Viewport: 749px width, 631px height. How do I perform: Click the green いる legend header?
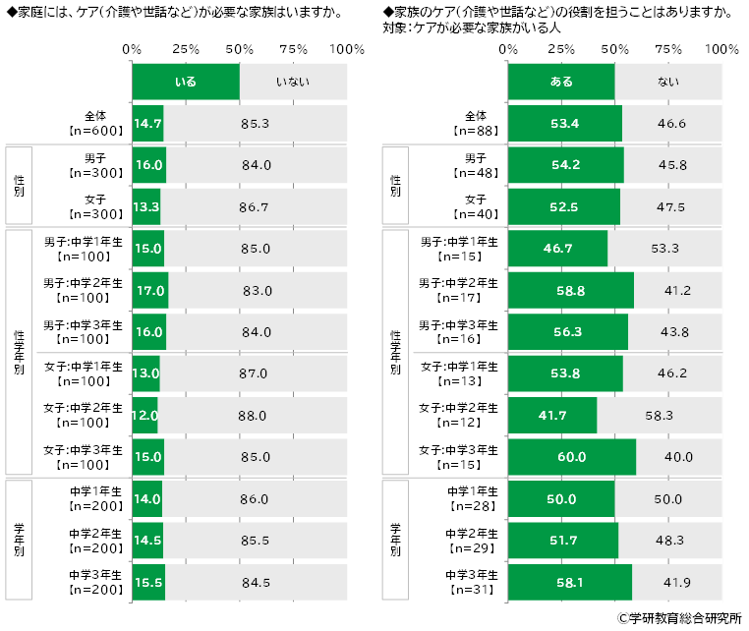click(185, 82)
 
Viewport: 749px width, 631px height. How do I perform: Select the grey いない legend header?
click(293, 82)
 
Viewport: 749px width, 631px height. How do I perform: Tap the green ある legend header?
click(560, 82)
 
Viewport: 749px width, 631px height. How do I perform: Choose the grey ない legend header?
click(668, 82)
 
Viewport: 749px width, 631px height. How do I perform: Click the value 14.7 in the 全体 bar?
click(147, 124)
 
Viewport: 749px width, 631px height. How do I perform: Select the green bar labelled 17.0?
click(149, 291)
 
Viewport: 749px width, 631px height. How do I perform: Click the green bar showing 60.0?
click(571, 457)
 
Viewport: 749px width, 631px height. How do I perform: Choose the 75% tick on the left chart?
click(292, 49)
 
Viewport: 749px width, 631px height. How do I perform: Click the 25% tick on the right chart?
click(561, 49)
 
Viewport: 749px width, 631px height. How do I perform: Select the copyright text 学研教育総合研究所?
click(684, 618)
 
